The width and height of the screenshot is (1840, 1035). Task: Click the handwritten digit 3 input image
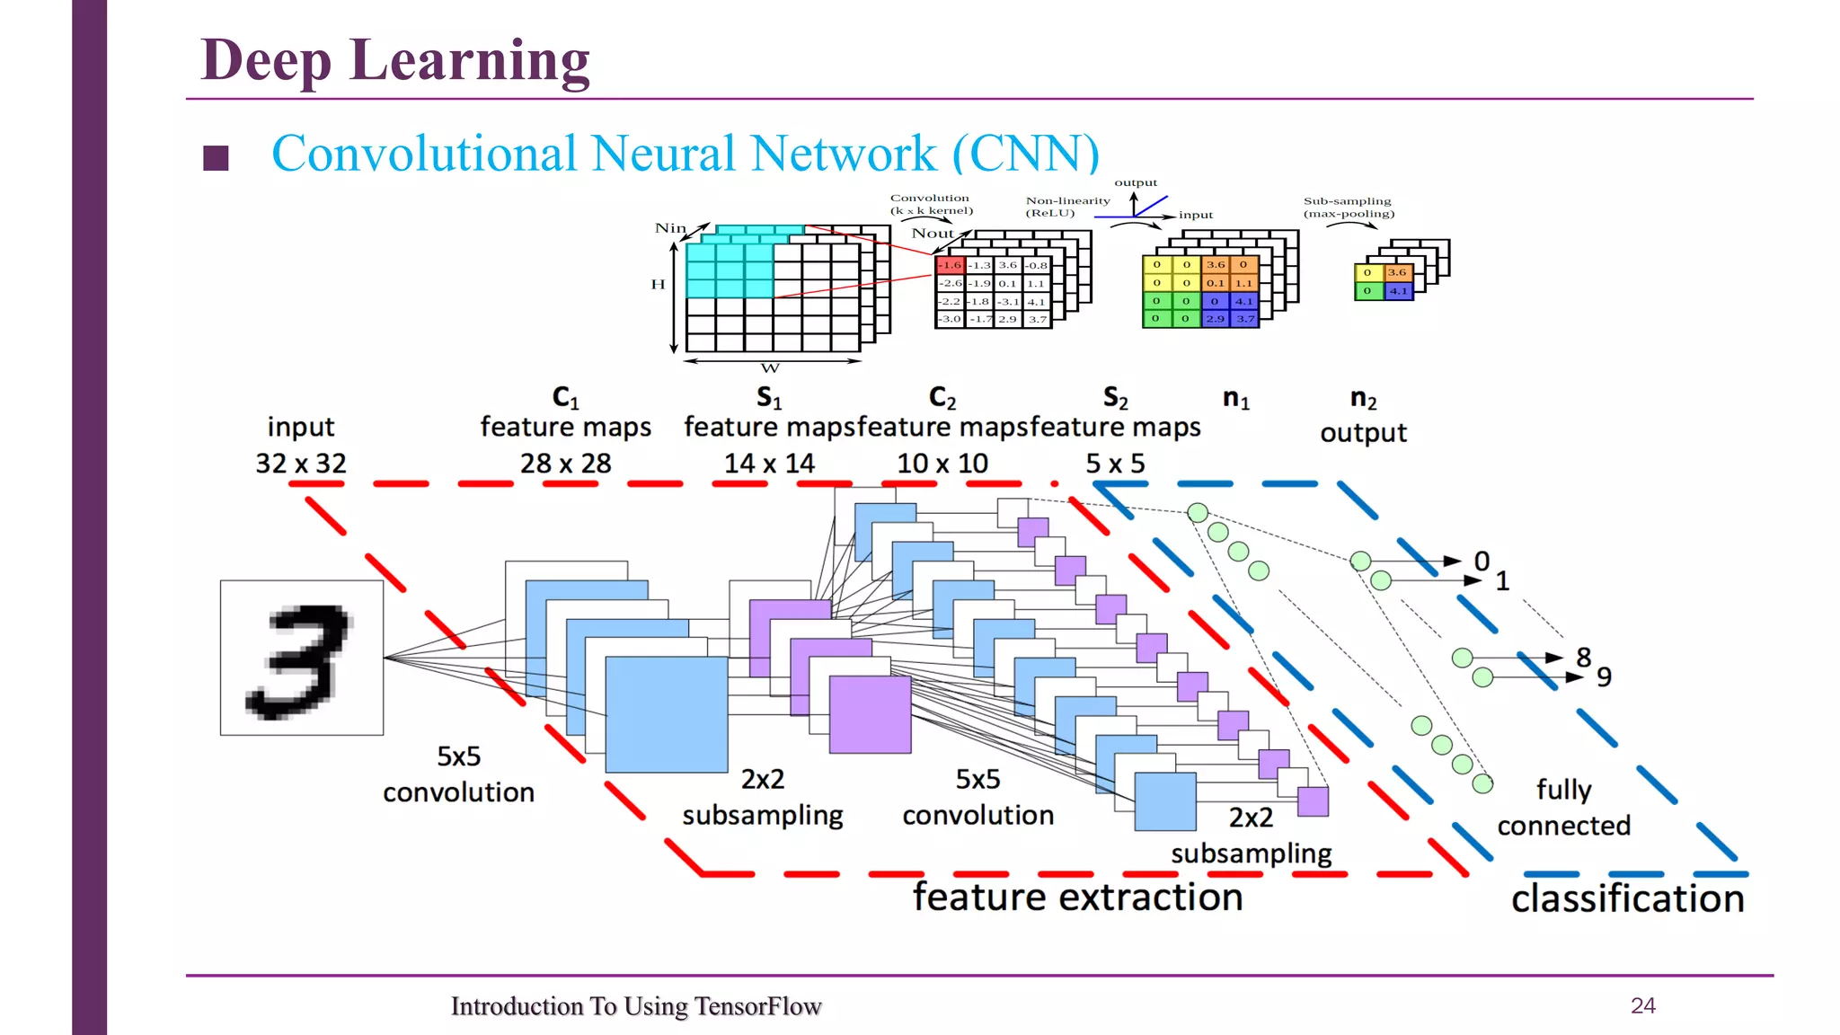(301, 658)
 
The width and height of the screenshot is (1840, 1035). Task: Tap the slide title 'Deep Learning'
(394, 60)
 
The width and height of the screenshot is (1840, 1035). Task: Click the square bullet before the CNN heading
(216, 158)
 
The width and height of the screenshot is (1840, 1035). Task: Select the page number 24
(1642, 1005)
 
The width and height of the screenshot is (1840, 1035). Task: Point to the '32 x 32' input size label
(301, 464)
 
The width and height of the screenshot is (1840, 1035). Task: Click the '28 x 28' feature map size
(565, 464)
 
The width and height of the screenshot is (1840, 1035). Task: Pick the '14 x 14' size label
(769, 464)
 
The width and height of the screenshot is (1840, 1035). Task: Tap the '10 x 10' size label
(942, 464)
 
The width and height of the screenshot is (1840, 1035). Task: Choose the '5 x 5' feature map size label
(1115, 464)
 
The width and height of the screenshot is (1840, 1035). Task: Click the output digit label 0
(1482, 562)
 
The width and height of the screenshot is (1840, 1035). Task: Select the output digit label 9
(1604, 677)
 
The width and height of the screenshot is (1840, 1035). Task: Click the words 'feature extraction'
(1077, 898)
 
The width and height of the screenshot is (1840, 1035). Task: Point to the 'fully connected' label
(1563, 808)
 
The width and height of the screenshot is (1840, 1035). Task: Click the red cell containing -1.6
(950, 265)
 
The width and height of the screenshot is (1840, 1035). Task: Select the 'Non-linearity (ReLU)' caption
(1067, 207)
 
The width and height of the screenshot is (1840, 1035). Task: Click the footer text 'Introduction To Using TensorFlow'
(636, 1006)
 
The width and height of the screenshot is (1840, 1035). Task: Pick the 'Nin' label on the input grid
(670, 228)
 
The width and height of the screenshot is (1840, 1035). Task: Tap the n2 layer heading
(1363, 399)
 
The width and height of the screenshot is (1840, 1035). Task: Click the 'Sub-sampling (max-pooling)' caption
(1349, 208)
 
